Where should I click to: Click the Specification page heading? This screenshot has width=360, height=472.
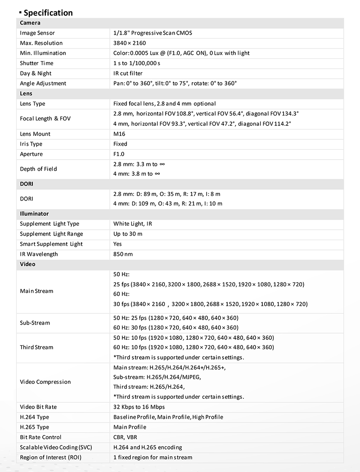[48, 13]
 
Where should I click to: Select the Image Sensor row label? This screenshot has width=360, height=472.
[37, 33]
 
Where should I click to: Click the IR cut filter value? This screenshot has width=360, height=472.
[128, 73]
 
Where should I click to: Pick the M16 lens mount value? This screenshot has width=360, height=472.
[119, 134]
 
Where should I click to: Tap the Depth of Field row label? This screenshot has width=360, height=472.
[38, 169]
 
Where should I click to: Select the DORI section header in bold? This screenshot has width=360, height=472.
[27, 184]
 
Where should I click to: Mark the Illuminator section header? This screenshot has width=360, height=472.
[34, 214]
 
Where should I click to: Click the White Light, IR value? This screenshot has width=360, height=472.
[133, 224]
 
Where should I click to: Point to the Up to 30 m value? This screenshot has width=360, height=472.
[128, 234]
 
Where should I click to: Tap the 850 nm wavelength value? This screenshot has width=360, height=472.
[123, 254]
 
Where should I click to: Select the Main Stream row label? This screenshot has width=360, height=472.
[36, 291]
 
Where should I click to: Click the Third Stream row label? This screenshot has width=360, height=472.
[36, 347]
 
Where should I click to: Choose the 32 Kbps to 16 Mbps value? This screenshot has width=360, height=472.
[139, 407]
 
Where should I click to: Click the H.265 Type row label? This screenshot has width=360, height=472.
[35, 427]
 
